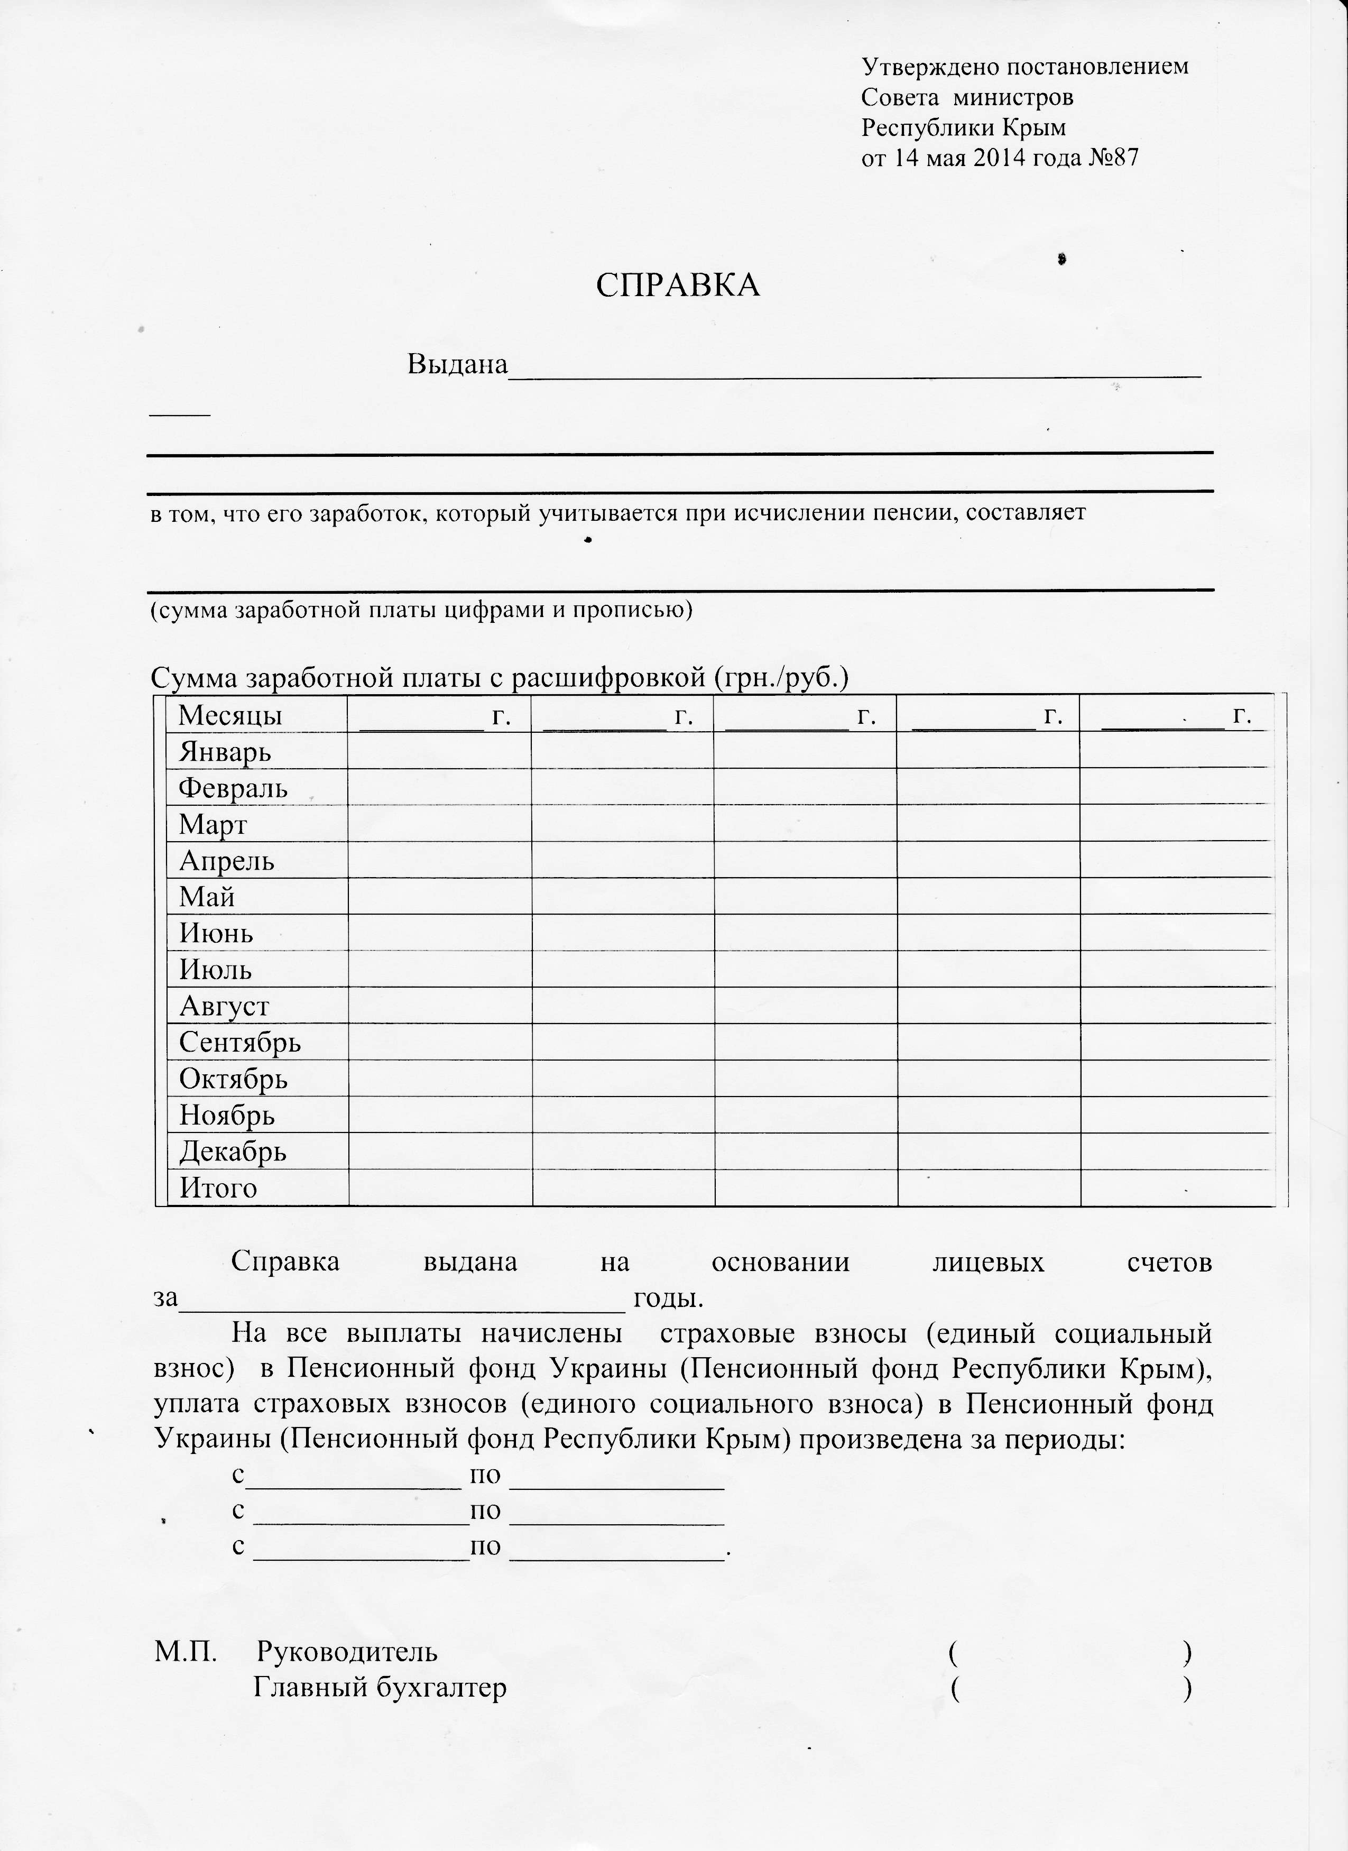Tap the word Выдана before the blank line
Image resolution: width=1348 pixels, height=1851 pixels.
pos(457,364)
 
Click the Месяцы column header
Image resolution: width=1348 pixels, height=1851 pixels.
pos(230,715)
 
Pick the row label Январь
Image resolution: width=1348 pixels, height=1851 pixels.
pos(224,751)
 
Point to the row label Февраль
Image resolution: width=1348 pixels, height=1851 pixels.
pos(233,788)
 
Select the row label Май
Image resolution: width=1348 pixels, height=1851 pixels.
pos(207,897)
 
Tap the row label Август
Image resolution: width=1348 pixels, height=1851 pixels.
pos(224,1006)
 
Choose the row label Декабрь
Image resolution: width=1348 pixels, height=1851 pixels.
pos(233,1152)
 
